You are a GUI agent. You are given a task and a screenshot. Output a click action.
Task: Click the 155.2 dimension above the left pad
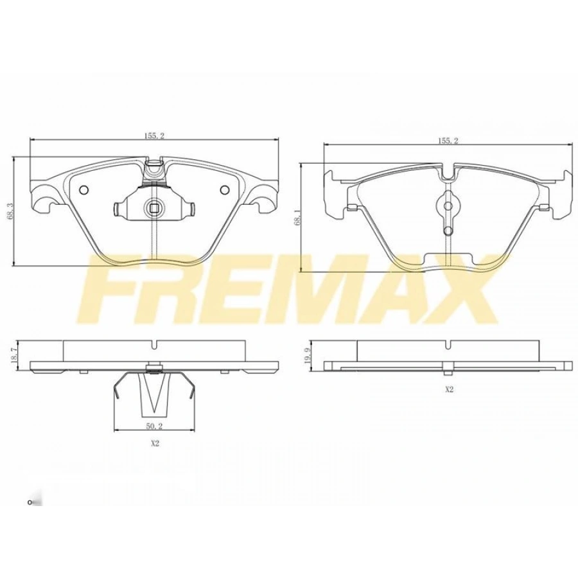pyautogui.click(x=152, y=136)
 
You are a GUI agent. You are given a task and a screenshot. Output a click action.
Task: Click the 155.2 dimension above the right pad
pyautogui.click(x=447, y=141)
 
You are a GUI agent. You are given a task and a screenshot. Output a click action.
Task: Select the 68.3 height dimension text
pyautogui.click(x=8, y=211)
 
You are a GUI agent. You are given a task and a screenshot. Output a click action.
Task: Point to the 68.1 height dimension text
pyautogui.click(x=295, y=218)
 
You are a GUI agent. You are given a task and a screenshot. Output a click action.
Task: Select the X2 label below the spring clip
pyautogui.click(x=154, y=443)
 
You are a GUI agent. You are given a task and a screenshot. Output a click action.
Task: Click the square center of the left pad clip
pyautogui.click(x=153, y=207)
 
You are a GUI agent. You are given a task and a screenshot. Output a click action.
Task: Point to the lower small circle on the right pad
pyautogui.click(x=448, y=229)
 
